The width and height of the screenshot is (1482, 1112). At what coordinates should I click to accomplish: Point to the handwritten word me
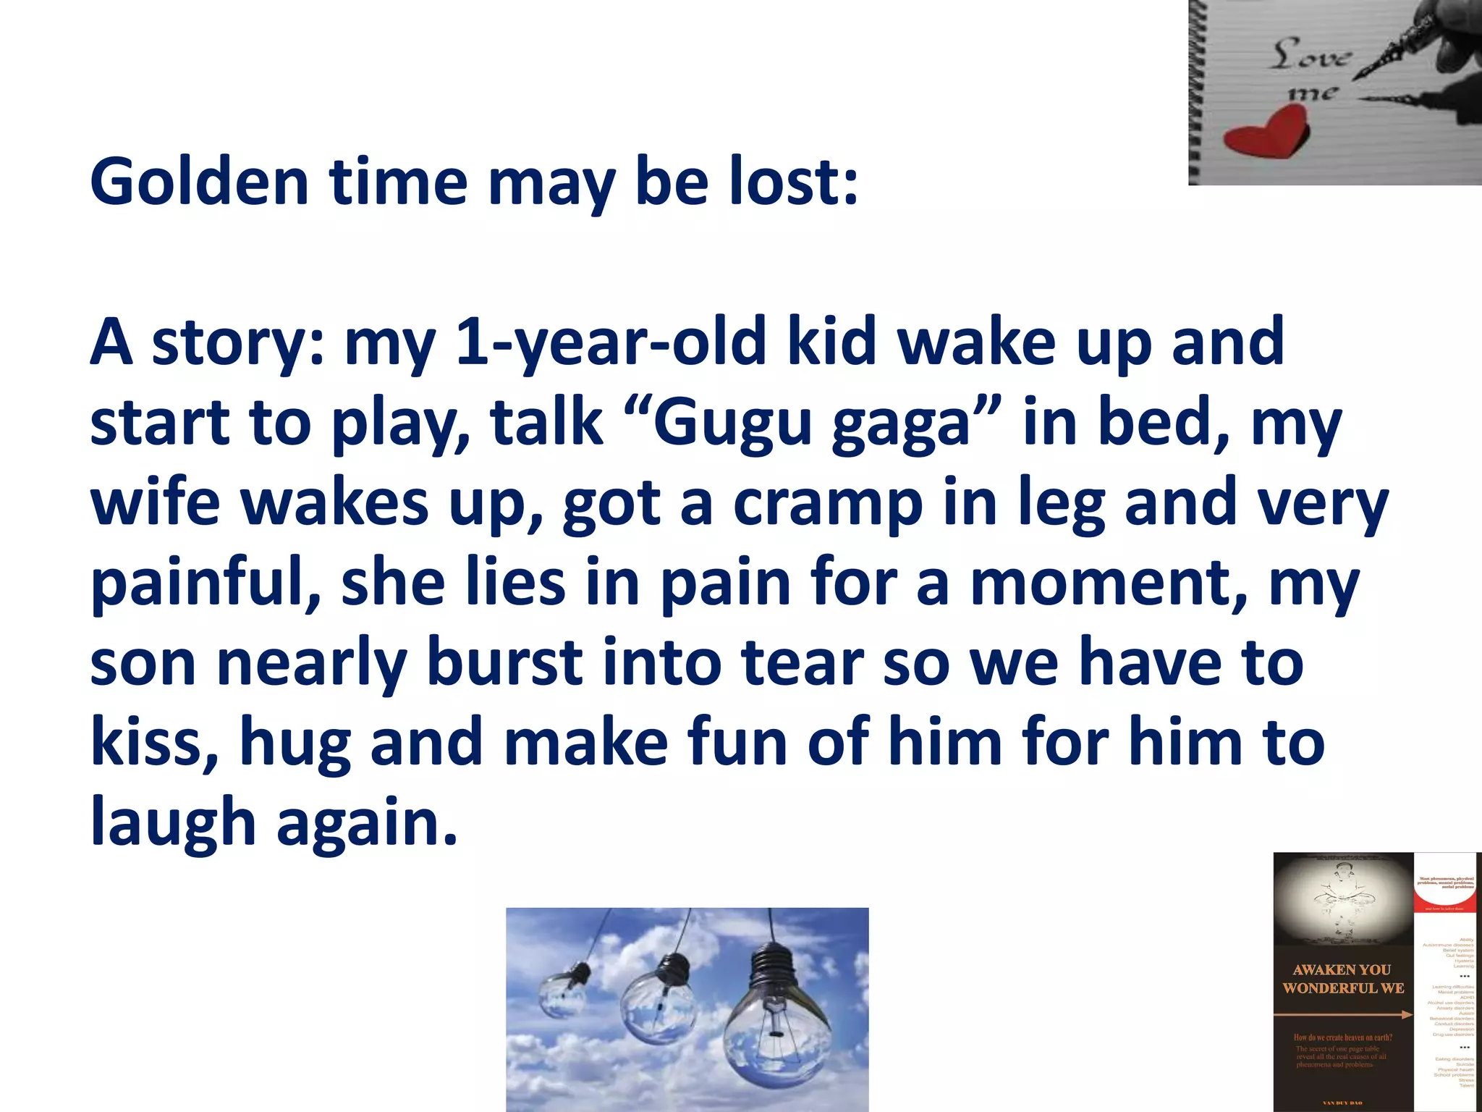coord(1313,93)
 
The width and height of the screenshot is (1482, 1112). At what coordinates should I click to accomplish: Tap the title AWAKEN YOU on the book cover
coord(1342,969)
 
